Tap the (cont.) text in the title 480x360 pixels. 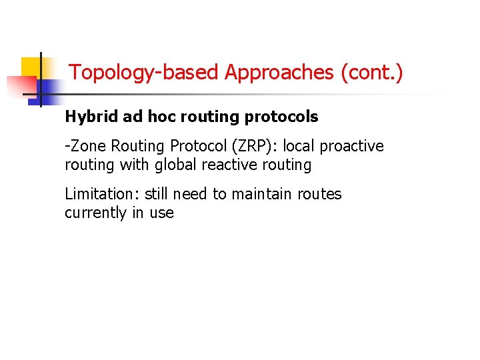pos(372,72)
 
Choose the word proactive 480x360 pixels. pos(354,146)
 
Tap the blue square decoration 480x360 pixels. pos(48,89)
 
